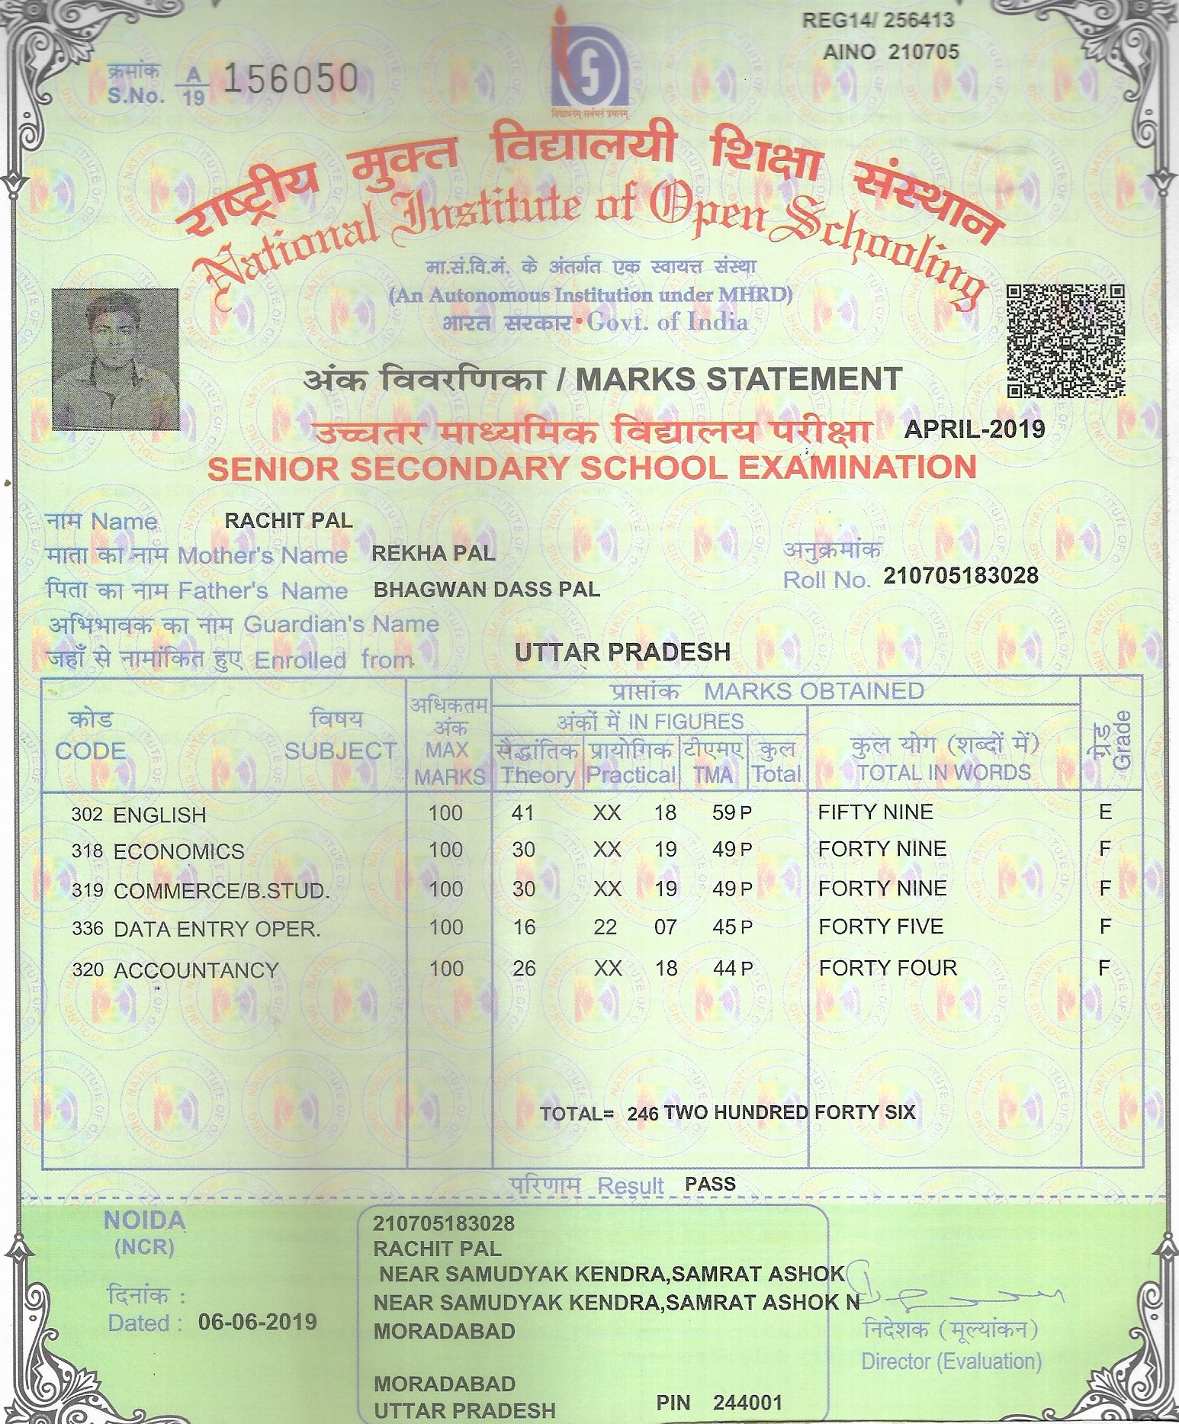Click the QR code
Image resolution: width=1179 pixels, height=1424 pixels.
pyautogui.click(x=1066, y=341)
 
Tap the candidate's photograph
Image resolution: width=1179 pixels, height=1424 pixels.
pyautogui.click(x=115, y=358)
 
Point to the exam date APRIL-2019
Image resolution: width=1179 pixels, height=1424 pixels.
pyautogui.click(x=974, y=429)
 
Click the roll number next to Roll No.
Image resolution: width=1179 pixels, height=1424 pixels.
pyautogui.click(x=961, y=575)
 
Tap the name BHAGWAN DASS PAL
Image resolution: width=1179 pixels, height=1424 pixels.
pyautogui.click(x=487, y=590)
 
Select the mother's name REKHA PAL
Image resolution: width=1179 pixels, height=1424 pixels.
pyautogui.click(x=433, y=554)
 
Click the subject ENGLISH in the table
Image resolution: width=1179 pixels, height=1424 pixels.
pyautogui.click(x=159, y=815)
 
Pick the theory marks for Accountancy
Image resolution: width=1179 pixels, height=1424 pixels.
pyautogui.click(x=524, y=968)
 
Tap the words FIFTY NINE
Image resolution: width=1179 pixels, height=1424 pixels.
pyautogui.click(x=875, y=812)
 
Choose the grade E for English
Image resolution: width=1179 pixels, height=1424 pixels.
pyautogui.click(x=1105, y=812)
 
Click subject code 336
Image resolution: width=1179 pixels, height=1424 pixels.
pyautogui.click(x=86, y=928)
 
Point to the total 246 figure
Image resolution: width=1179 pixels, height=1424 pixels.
pyautogui.click(x=643, y=1113)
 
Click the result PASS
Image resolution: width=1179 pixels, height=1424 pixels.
pyautogui.click(x=710, y=1184)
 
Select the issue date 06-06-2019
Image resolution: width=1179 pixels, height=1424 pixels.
pyautogui.click(x=257, y=1321)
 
